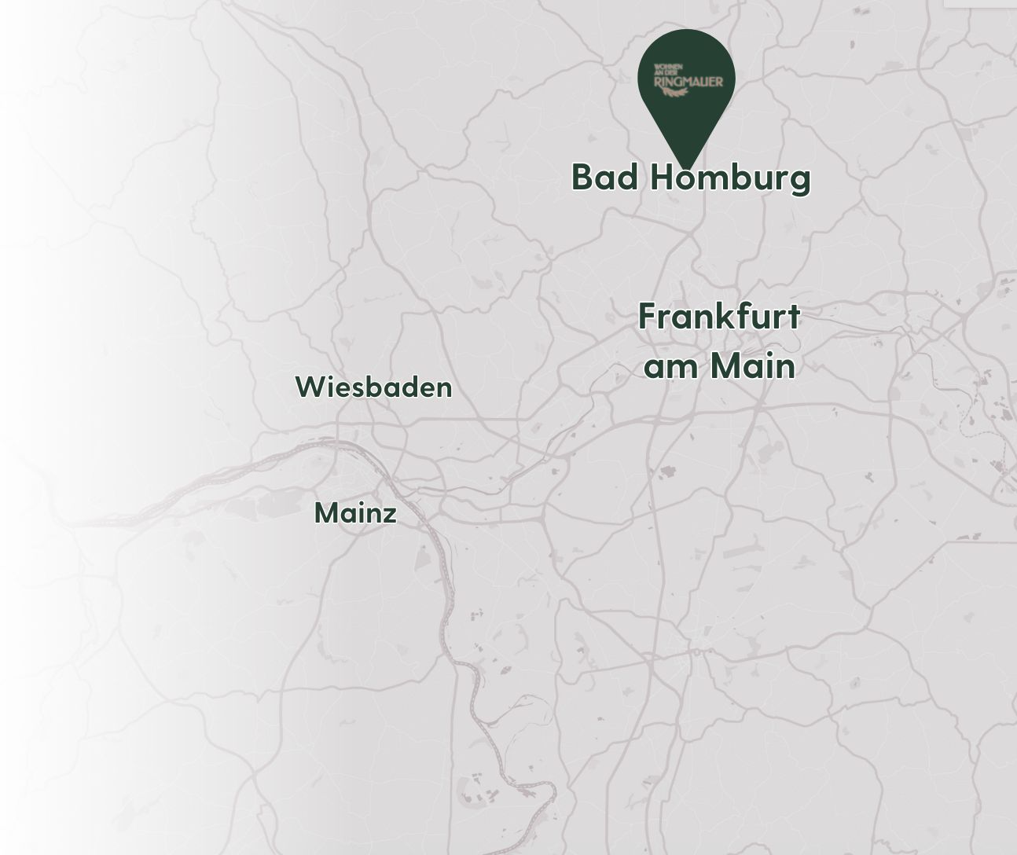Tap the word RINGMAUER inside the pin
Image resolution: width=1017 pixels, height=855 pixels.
click(x=688, y=81)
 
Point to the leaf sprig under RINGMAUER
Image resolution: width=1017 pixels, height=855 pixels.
click(x=676, y=93)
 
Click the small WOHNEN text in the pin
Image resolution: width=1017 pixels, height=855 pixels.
click(x=668, y=67)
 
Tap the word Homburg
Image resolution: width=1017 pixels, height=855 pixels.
click(x=730, y=178)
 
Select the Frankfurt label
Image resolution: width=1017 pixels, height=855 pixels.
click(x=718, y=317)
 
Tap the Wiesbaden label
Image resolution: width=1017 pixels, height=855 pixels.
click(x=373, y=387)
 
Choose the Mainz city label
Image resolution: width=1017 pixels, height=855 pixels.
click(x=355, y=513)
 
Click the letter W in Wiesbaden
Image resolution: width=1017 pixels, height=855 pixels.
click(x=308, y=387)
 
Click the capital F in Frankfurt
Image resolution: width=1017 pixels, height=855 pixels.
click(x=647, y=317)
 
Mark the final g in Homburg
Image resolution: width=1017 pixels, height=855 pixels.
click(x=800, y=180)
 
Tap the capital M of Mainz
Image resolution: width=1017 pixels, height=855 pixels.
click(x=325, y=513)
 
